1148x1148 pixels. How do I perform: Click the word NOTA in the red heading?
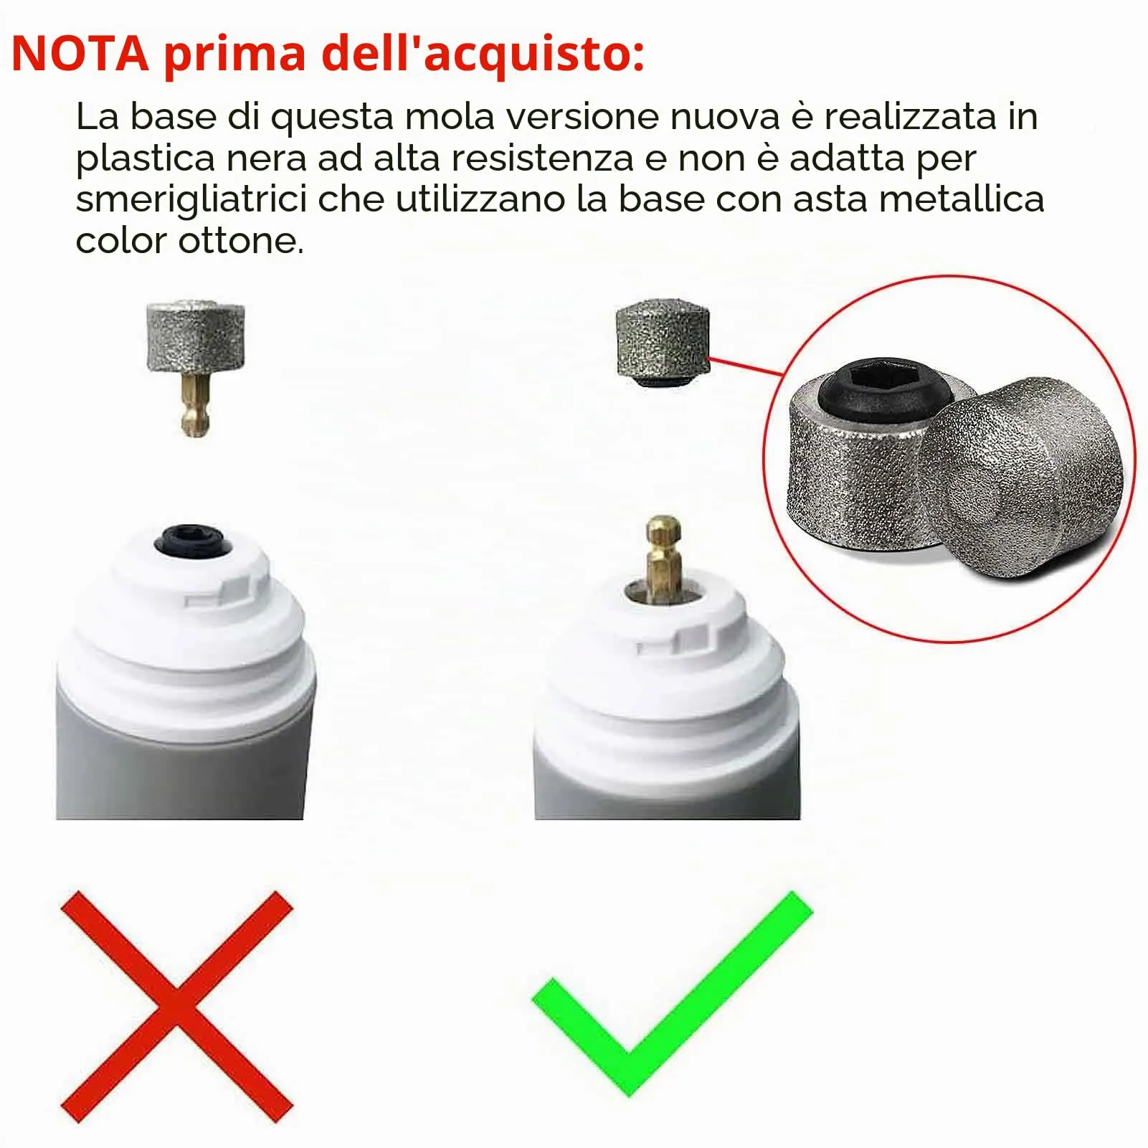pos(80,53)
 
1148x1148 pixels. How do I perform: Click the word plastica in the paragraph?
pos(146,159)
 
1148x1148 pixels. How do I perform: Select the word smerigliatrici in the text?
pos(191,200)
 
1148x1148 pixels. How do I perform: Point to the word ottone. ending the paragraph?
pos(241,241)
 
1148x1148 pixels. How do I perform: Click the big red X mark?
pos(177,1007)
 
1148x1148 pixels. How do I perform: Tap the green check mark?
pos(672,994)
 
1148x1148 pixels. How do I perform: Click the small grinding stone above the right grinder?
pos(663,343)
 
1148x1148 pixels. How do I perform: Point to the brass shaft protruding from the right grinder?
pos(663,556)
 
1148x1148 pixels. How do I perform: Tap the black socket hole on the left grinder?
pos(193,540)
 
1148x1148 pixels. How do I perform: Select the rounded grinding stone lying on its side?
pos(1023,478)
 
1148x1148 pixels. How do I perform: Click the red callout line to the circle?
pos(746,366)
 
